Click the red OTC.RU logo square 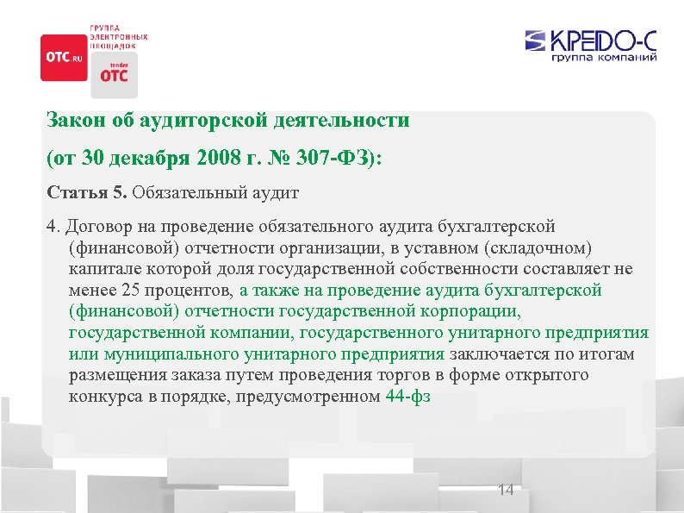point(64,57)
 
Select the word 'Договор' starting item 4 point(95,227)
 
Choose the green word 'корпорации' point(477,311)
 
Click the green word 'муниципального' point(152,354)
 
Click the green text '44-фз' point(408,397)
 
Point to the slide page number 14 point(506,490)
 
